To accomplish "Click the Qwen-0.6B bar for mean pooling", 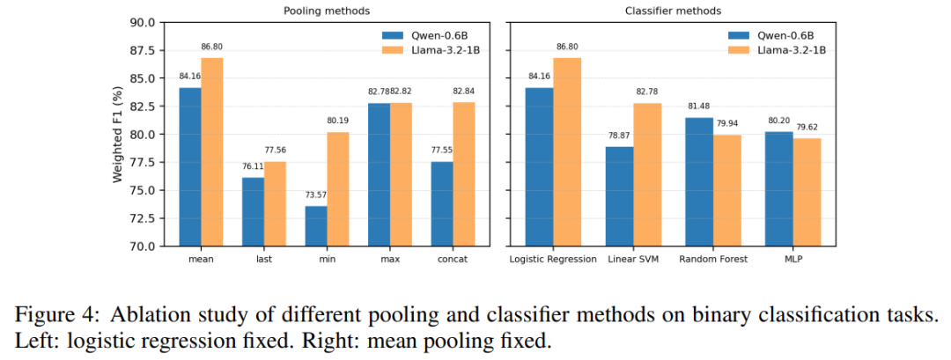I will pyautogui.click(x=189, y=166).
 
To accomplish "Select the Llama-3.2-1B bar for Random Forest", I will pyautogui.click(x=726, y=189).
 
